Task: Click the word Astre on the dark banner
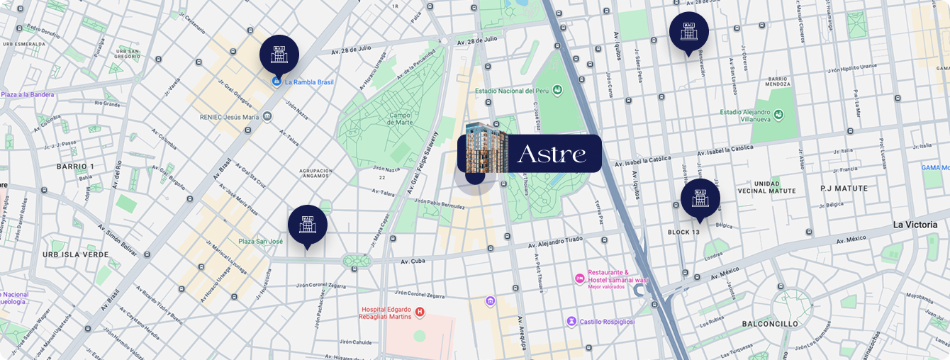tap(552, 154)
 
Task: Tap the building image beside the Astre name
tap(487, 147)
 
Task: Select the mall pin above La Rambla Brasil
tap(279, 54)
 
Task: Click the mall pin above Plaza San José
tap(308, 224)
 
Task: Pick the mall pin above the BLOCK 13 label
tap(700, 198)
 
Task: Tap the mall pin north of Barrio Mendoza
tap(689, 31)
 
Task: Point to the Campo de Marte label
tap(400, 119)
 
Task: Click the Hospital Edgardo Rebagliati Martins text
tap(386, 313)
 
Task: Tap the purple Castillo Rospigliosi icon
tap(571, 322)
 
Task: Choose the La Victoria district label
tap(915, 225)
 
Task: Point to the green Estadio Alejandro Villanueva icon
tap(778, 115)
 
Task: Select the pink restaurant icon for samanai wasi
tap(579, 276)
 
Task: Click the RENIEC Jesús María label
tap(229, 117)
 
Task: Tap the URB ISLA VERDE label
tap(75, 254)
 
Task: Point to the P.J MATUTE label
tap(844, 189)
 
